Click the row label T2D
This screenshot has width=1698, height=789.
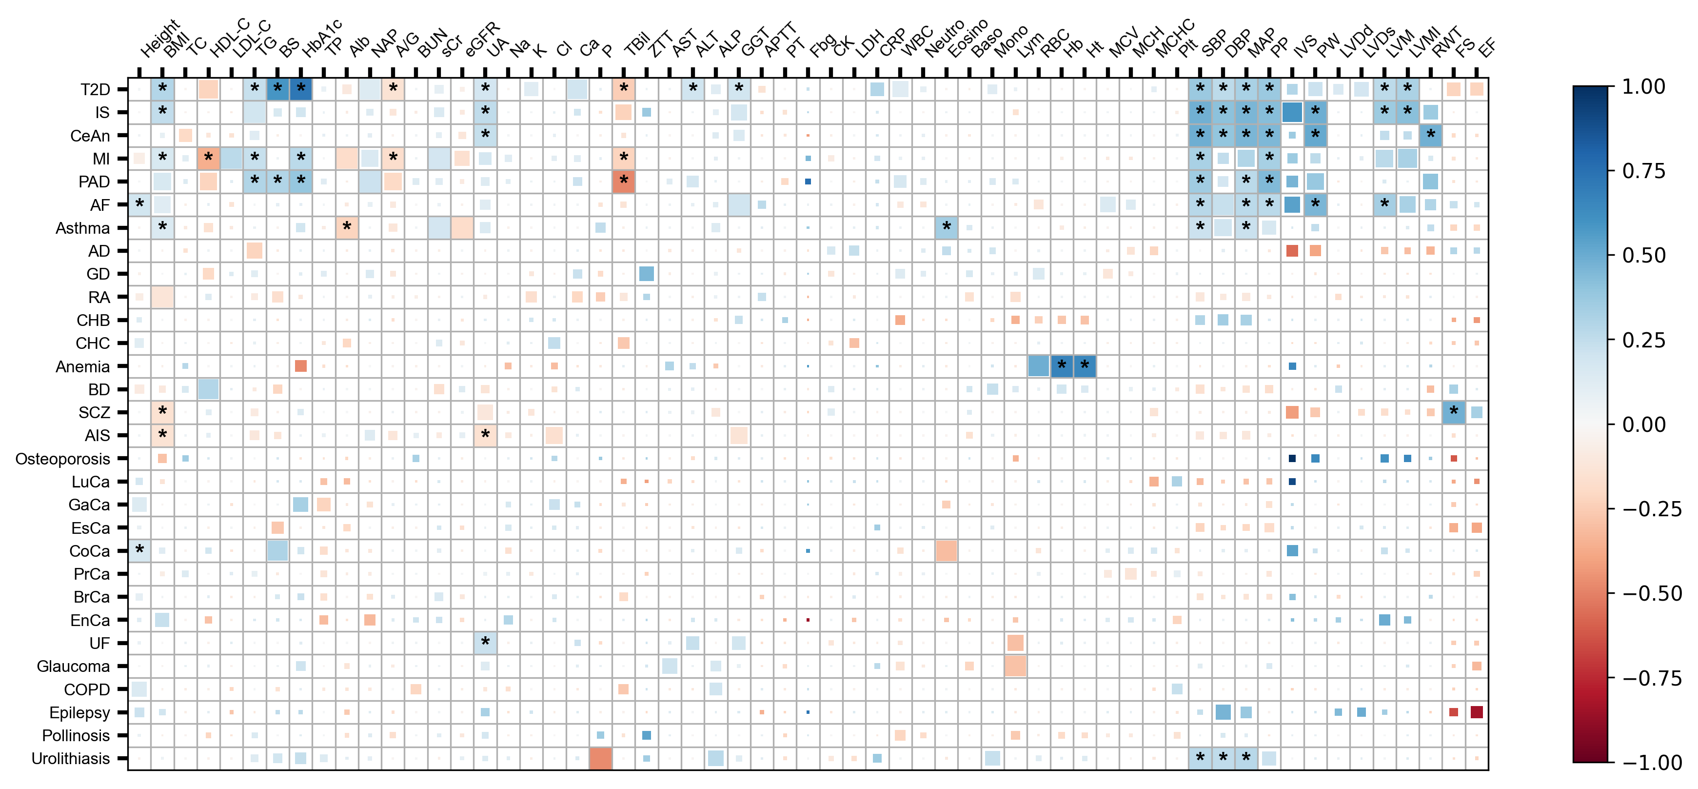tap(95, 90)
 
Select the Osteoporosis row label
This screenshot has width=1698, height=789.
tap(62, 459)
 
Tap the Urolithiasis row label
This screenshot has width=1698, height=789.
tap(71, 759)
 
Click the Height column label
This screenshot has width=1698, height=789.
tap(158, 40)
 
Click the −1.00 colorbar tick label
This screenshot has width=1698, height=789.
tap(1651, 762)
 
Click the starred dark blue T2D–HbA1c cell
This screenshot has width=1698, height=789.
tap(300, 88)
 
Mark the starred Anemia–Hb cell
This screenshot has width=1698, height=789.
tap(1061, 365)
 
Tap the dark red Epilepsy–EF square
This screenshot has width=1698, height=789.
tap(1477, 712)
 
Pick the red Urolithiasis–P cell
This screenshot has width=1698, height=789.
tap(600, 758)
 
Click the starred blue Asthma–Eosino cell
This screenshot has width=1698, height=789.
tap(946, 227)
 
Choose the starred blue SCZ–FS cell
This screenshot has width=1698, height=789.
tap(1454, 412)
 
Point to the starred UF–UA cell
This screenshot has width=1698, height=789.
tap(485, 643)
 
